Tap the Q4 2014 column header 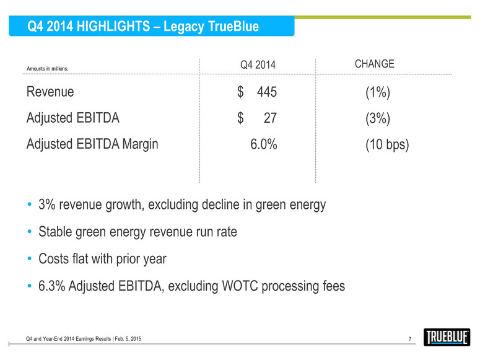point(257,65)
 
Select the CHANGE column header point(373,64)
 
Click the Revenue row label point(50,92)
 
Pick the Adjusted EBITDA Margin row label point(92,144)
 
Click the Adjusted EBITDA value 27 point(270,118)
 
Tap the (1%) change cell point(377,92)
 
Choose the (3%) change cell point(377,118)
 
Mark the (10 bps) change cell point(387,144)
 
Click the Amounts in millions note point(47,69)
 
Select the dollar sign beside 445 point(240,92)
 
